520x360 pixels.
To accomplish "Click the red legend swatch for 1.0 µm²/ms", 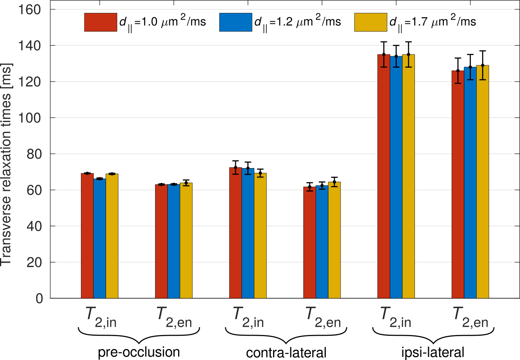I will (100, 22).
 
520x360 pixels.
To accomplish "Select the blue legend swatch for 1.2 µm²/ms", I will (236, 22).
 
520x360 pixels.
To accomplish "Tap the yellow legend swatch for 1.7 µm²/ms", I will (371, 22).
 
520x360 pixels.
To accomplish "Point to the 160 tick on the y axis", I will (30, 9).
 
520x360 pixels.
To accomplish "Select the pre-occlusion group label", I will (139, 352).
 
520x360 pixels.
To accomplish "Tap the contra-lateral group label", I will (286, 353).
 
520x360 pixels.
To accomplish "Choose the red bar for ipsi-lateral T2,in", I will (384, 176).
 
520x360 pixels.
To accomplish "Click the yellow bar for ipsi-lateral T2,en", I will (482, 182).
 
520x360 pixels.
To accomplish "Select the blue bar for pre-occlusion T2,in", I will (100, 238).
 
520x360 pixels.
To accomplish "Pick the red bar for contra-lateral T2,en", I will (309, 242).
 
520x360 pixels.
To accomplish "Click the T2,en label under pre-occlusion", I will (175, 317).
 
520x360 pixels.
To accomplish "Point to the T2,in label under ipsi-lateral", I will (395, 317).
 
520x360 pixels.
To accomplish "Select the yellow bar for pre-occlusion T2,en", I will (186, 240).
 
